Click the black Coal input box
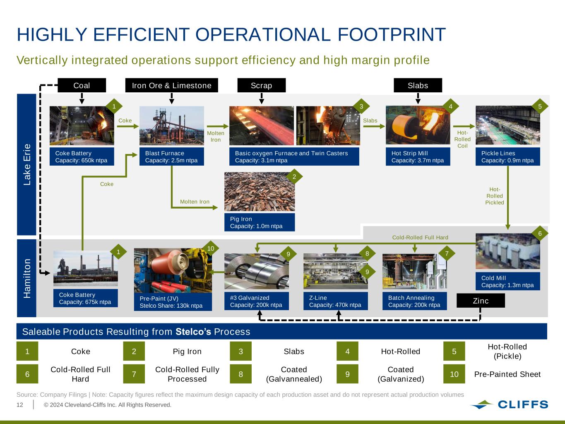pos(82,85)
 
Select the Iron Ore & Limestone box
pos(171,85)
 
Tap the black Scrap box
pos(261,85)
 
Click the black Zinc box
pos(481,301)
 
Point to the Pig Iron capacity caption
pos(260,222)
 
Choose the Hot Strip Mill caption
pos(418,157)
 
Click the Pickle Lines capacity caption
pos(507,157)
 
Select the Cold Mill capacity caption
pos(507,281)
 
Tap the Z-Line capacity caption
pos(335,301)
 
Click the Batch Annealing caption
pos(414,301)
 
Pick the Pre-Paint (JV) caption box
pos(173,302)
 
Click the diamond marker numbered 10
pos(211,248)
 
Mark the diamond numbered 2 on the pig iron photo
pos(294,177)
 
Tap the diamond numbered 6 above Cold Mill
pos(540,234)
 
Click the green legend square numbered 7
pos(134,374)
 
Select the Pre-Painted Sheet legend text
pos(507,374)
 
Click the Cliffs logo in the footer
pos(509,405)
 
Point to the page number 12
pos(20,405)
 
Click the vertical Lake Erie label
pos(27,164)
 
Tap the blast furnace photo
pos(171,125)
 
